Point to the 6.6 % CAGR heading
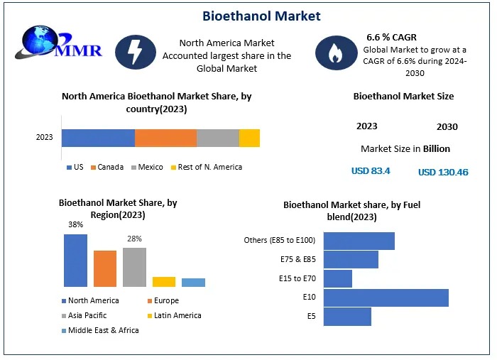click(x=391, y=36)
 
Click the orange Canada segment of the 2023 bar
click(x=165, y=138)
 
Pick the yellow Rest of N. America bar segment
click(x=249, y=138)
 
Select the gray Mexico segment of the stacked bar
click(x=217, y=138)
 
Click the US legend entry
click(x=75, y=168)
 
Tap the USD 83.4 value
click(x=371, y=171)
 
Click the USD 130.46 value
click(x=443, y=173)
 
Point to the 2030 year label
click(x=447, y=127)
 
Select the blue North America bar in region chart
click(x=75, y=260)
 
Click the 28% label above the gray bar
click(x=134, y=239)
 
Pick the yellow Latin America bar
click(x=163, y=281)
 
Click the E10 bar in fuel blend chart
click(x=386, y=298)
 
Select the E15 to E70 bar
click(x=337, y=278)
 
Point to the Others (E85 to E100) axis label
click(x=279, y=240)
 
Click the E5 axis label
click(x=311, y=317)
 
